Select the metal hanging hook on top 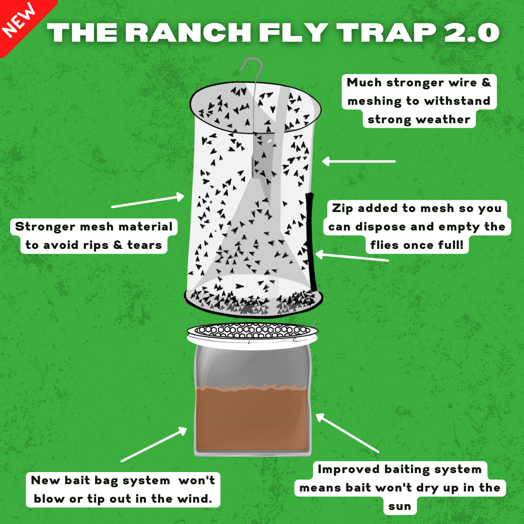(x=252, y=70)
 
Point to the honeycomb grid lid (x=252, y=331)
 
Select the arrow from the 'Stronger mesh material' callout (x=148, y=201)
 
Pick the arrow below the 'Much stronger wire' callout (x=359, y=161)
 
